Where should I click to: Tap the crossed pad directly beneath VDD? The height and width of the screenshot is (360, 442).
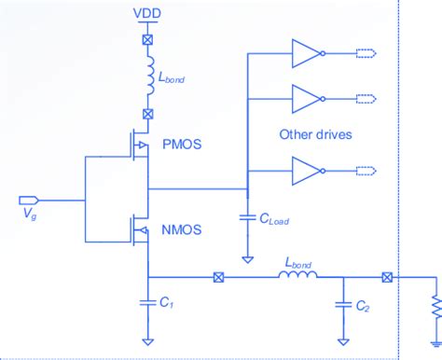(145, 42)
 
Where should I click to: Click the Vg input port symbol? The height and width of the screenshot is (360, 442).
(28, 199)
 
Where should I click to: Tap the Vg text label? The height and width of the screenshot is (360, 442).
(27, 215)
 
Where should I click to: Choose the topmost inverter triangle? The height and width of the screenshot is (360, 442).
(305, 54)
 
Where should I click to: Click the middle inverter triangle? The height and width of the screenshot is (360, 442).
(305, 96)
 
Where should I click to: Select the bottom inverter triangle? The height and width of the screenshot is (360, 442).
(305, 171)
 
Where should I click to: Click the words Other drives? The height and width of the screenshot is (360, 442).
(315, 133)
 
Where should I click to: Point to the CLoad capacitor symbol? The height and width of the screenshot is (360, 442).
(247, 216)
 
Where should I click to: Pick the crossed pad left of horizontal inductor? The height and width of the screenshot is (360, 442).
(219, 277)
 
